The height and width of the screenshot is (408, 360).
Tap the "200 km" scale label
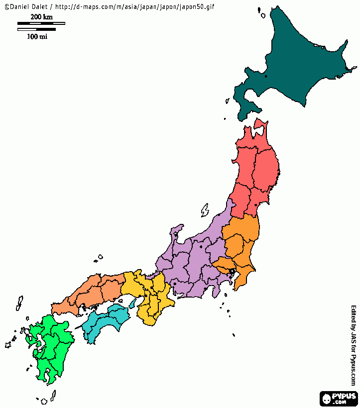coord(41,17)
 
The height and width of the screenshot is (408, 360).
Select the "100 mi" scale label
coord(37,36)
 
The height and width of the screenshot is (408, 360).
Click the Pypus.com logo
coord(339,399)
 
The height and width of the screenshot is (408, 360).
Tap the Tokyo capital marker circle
coord(232,271)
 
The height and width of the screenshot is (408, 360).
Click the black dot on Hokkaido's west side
coord(266,76)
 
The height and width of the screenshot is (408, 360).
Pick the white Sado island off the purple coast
coord(205,210)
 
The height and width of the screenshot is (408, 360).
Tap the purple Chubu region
coord(189,264)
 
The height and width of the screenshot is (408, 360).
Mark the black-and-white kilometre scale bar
coord(41,23)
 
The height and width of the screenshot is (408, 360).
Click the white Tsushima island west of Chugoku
coord(19,303)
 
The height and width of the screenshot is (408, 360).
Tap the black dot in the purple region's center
coord(201,246)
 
